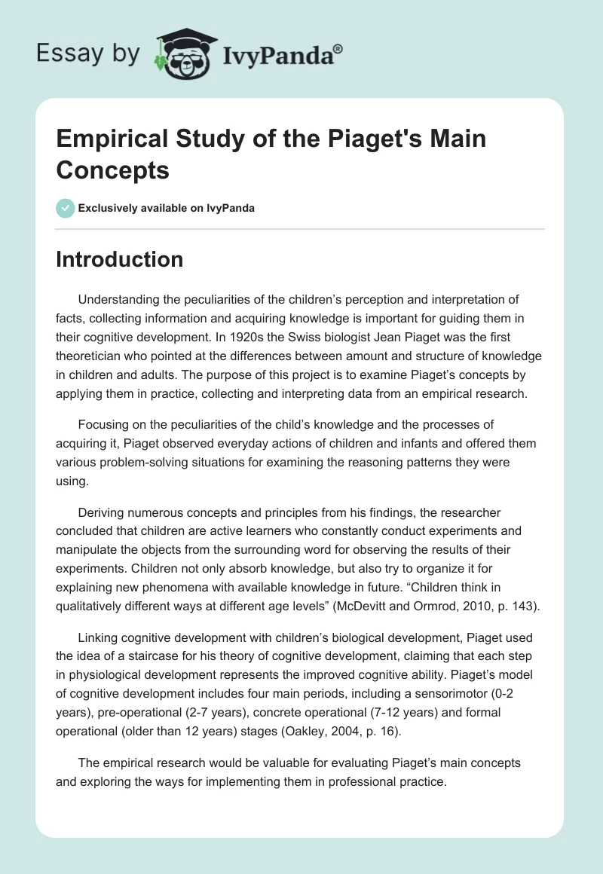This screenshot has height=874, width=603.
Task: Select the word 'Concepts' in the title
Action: (112, 170)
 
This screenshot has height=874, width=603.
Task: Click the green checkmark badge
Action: (66, 208)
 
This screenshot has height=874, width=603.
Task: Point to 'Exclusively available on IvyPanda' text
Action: (167, 208)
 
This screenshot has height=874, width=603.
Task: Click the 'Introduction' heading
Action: (119, 259)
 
